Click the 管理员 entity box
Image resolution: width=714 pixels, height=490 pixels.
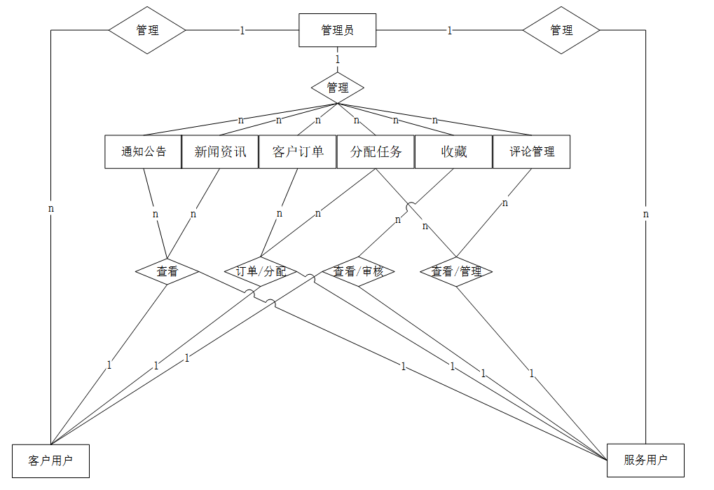click(337, 30)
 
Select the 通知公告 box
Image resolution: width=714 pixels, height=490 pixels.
click(144, 151)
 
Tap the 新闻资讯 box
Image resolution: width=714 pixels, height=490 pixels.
click(221, 151)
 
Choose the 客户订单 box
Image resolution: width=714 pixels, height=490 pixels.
click(298, 151)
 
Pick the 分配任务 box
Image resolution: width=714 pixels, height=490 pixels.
click(376, 151)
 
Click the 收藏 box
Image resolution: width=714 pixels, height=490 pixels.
click(453, 151)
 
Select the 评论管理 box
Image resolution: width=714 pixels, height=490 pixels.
click(531, 151)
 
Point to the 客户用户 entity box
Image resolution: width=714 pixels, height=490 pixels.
click(50, 461)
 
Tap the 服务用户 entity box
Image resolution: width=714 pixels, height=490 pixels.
click(645, 460)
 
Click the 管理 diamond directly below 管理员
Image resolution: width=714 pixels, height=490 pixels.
click(338, 88)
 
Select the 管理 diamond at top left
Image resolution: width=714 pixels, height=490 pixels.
click(147, 30)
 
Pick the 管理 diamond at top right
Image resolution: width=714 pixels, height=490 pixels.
click(561, 30)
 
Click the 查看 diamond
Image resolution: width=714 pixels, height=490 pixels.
click(167, 271)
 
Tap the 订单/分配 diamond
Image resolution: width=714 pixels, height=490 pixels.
click(261, 271)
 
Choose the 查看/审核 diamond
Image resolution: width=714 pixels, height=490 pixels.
click(358, 271)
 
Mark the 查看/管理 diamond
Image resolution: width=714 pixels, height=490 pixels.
click(456, 271)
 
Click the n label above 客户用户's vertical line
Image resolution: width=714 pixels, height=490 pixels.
click(51, 208)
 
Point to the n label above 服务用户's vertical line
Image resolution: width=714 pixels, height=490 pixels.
click(646, 214)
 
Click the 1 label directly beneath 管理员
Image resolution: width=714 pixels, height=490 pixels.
click(338, 59)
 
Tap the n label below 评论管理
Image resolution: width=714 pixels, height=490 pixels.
click(504, 203)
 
